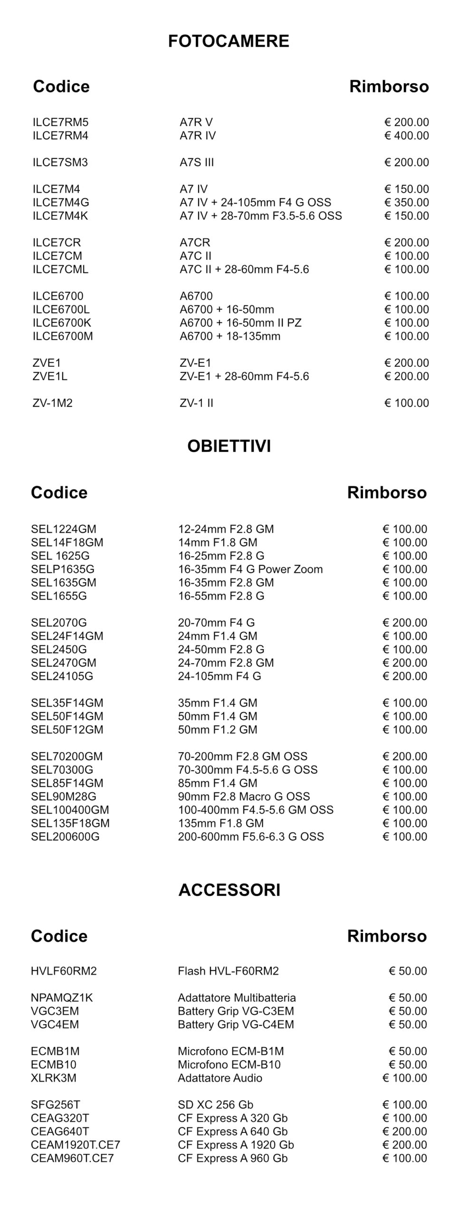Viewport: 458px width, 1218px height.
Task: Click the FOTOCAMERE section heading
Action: pyautogui.click(x=229, y=41)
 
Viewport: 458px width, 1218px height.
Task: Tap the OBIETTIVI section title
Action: pyautogui.click(x=229, y=446)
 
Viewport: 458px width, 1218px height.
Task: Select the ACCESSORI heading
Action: pyautogui.click(x=229, y=890)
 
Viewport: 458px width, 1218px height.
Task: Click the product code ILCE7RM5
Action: pyautogui.click(x=60, y=122)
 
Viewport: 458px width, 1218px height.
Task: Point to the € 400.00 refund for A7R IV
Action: pyautogui.click(x=406, y=136)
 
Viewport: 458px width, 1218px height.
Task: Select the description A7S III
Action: pyautogui.click(x=197, y=162)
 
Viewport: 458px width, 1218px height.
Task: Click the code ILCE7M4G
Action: pyautogui.click(x=61, y=202)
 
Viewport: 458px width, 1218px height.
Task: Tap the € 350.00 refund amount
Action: pyautogui.click(x=406, y=202)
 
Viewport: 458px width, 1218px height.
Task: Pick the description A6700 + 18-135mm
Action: pyautogui.click(x=230, y=336)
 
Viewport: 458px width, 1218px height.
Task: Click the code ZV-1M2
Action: pyautogui.click(x=53, y=403)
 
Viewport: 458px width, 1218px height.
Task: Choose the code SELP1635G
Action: pyautogui.click(x=63, y=569)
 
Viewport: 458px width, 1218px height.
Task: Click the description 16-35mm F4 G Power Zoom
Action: pyautogui.click(x=250, y=569)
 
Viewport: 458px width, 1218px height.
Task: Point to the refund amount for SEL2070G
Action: pyautogui.click(x=405, y=622)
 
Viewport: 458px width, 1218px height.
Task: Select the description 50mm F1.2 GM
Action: pyautogui.click(x=218, y=729)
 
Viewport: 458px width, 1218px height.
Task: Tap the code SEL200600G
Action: pyautogui.click(x=65, y=836)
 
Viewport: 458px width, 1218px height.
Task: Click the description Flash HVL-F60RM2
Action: pyautogui.click(x=228, y=971)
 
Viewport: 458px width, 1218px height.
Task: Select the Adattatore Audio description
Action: pyautogui.click(x=220, y=1078)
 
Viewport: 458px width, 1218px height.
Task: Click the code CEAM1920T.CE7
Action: pyautogui.click(x=76, y=1145)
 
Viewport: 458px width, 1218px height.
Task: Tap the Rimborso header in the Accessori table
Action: pyautogui.click(x=387, y=936)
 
